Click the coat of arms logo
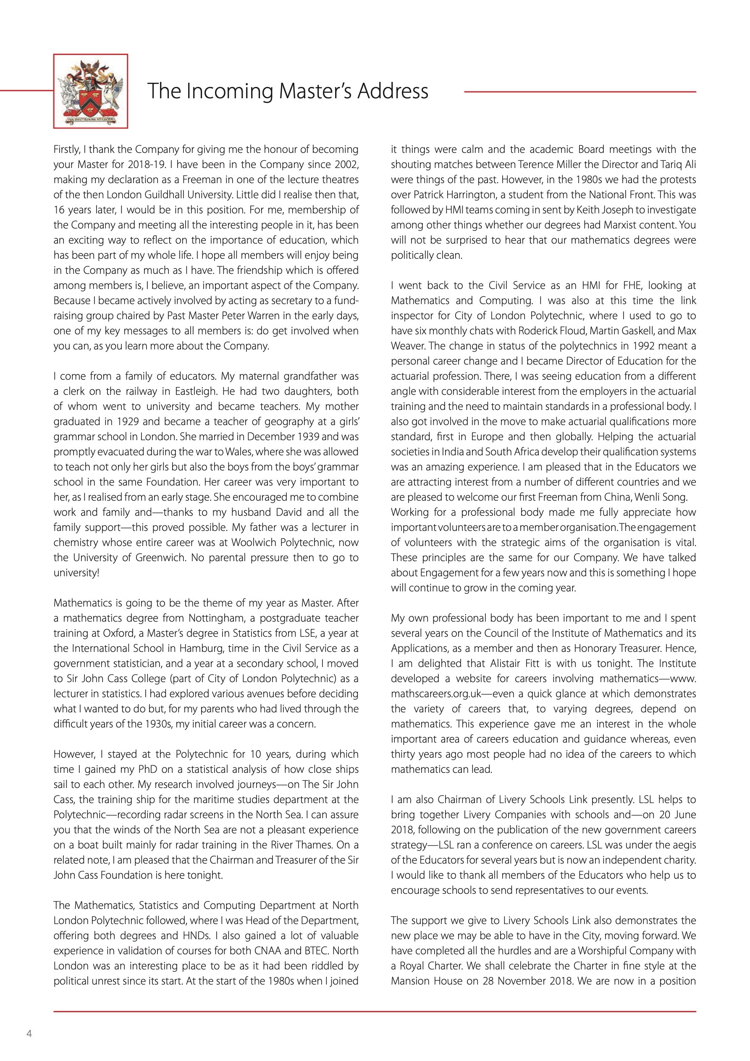91,91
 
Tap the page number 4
29,1033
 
